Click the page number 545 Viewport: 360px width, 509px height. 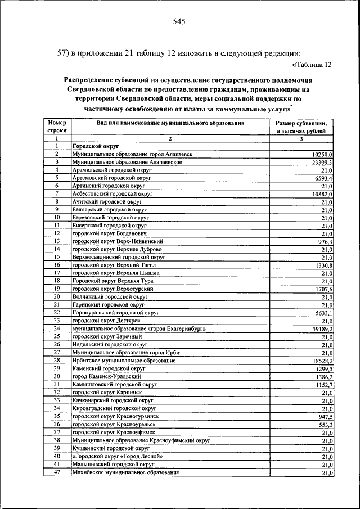point(179,22)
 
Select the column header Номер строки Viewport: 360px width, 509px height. point(57,126)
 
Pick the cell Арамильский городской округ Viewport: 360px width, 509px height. point(108,169)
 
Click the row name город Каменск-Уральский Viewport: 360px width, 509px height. point(106,376)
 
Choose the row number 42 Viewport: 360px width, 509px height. point(57,473)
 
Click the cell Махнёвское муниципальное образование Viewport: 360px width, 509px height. point(125,473)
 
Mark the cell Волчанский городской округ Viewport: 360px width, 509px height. point(110,296)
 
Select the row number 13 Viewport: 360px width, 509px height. point(57,241)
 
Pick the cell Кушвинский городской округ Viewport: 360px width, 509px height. point(109,449)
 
